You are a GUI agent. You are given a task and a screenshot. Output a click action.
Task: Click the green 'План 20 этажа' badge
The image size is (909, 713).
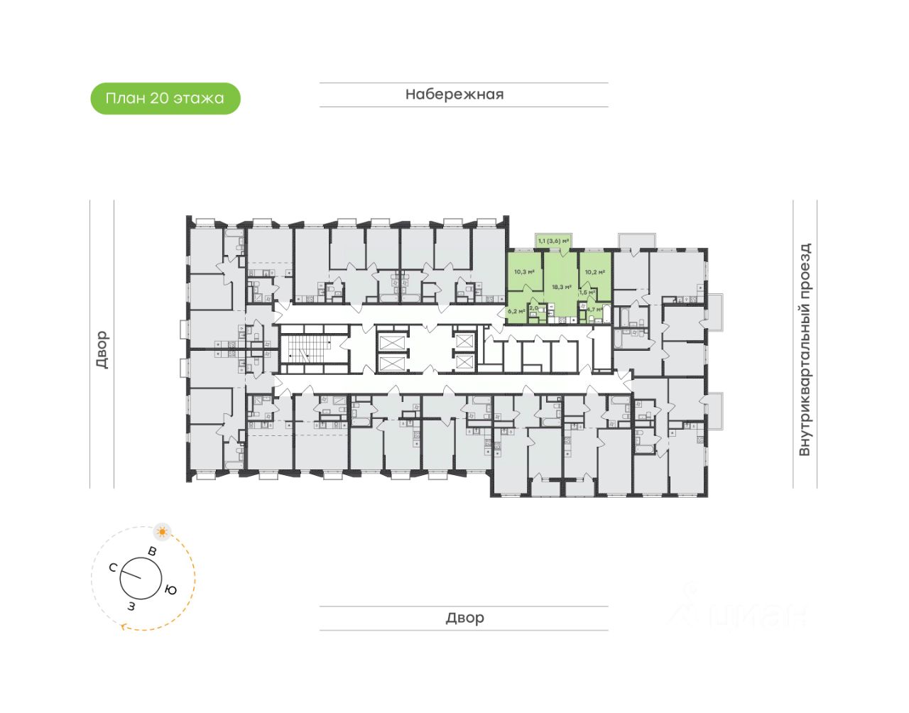pos(165,99)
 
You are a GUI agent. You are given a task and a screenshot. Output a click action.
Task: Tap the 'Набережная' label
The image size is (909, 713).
pos(454,94)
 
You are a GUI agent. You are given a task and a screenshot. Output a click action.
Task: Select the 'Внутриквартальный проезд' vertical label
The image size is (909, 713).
pos(805,349)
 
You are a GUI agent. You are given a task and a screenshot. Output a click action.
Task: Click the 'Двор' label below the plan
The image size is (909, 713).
pos(464,618)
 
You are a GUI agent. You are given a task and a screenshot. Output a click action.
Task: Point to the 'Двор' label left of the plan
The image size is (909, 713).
pos(102,349)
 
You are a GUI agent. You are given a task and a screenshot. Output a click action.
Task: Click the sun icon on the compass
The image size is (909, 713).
pos(163,531)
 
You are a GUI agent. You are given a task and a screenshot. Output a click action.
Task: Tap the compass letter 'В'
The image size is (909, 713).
pos(151,550)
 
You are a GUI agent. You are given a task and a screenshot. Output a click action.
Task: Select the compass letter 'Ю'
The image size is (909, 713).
pos(170,589)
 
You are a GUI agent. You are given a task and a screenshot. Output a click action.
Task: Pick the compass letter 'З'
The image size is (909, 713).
pos(131,606)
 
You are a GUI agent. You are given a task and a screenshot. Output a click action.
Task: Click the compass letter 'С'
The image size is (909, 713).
pos(113,567)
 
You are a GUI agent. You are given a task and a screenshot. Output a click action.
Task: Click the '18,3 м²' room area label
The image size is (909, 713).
pos(561,287)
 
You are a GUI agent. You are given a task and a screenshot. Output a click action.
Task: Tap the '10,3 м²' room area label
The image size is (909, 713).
pos(523,272)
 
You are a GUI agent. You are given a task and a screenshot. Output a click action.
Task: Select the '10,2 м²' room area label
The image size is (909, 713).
pos(594,272)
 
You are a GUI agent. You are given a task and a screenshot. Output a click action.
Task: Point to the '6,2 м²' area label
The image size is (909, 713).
pos(516,311)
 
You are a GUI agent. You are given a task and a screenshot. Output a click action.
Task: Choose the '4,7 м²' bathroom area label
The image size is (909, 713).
pos(594,310)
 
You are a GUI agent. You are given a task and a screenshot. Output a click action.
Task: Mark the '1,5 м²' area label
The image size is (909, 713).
pos(587,292)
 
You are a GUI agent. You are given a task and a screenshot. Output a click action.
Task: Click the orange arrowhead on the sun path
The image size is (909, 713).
pos(125,626)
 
